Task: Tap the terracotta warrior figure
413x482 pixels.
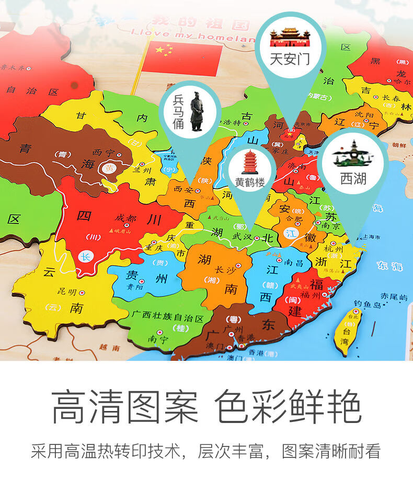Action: click(196, 111)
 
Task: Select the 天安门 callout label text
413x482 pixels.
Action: click(290, 58)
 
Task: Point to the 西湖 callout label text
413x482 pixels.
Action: click(353, 179)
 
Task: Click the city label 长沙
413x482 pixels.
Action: click(225, 269)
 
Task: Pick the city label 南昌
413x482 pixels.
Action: click(294, 263)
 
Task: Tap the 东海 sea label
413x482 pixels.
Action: click(389, 266)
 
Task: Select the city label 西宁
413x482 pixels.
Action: click(102, 152)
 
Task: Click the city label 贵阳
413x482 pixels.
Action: click(134, 287)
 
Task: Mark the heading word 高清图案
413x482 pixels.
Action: click(125, 406)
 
